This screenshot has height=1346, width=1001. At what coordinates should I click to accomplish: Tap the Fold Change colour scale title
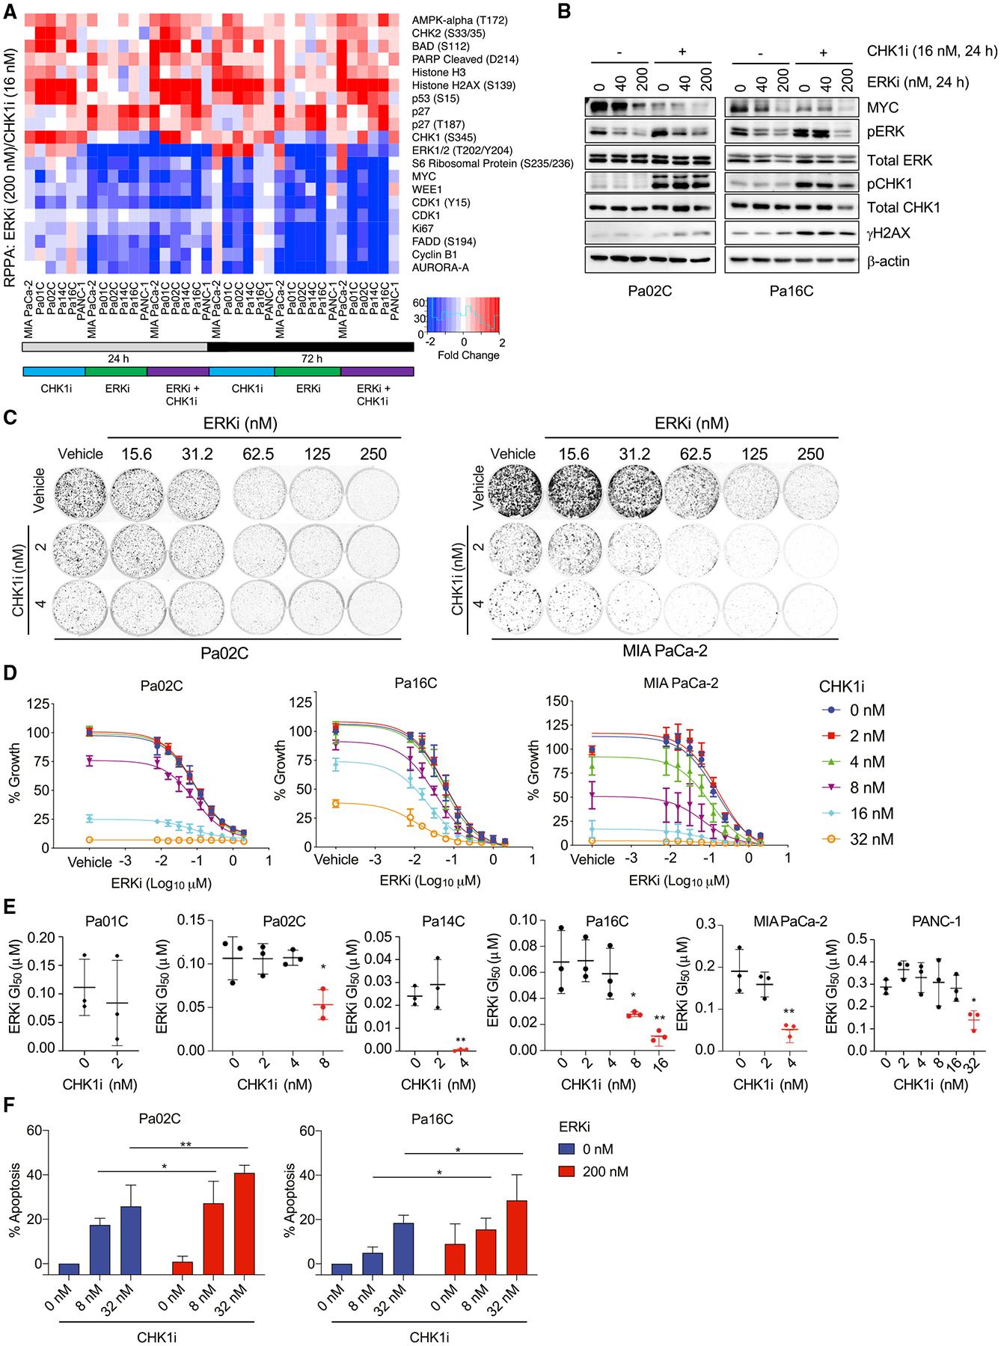[x=468, y=355]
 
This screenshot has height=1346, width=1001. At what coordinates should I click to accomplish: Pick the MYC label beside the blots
[x=883, y=108]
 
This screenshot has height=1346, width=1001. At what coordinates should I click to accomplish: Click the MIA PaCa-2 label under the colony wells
[x=664, y=651]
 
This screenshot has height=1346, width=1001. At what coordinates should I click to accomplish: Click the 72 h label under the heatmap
[x=311, y=359]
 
